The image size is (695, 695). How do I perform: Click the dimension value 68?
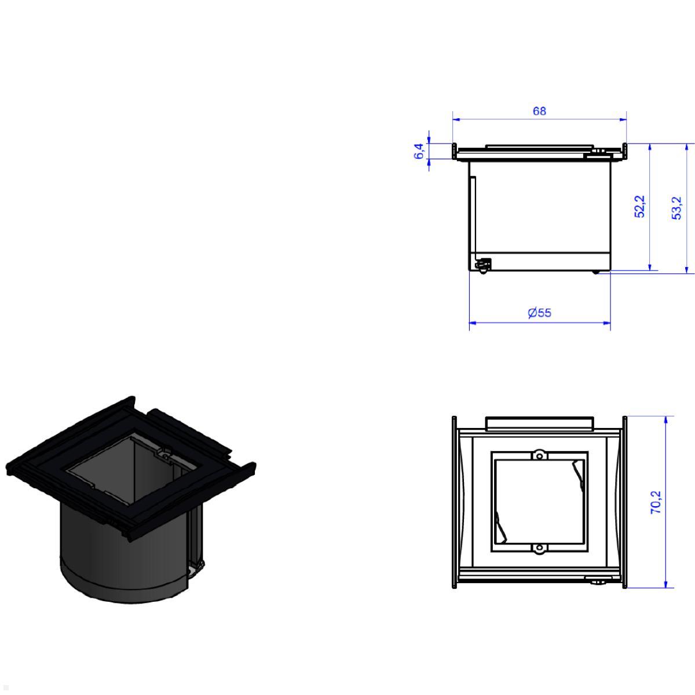click(539, 111)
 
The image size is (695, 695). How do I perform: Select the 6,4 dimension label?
click(419, 151)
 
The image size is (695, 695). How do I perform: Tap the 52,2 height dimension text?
click(639, 206)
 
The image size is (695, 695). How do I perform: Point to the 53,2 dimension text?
click(676, 208)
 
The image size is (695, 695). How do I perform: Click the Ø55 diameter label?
click(540, 312)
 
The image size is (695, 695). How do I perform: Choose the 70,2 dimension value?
click(656, 502)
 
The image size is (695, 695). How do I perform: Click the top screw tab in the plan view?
click(539, 455)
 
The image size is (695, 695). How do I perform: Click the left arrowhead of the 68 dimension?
click(456, 119)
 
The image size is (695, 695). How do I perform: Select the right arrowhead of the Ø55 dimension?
click(606, 323)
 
